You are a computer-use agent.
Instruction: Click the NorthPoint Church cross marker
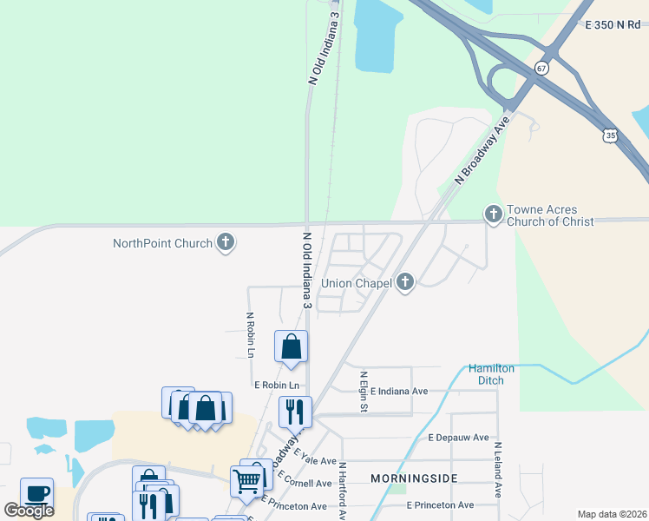point(226,243)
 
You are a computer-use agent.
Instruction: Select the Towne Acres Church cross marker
point(494,214)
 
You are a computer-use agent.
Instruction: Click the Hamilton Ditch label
point(492,374)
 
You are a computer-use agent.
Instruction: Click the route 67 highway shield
point(541,68)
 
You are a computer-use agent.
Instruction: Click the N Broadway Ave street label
point(480,153)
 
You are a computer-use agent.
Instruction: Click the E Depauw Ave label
point(458,438)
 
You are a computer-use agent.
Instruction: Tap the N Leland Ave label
point(499,470)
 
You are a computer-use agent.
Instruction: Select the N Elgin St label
point(364,392)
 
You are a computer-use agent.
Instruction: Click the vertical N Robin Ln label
point(250,335)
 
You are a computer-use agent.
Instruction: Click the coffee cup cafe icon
point(36,493)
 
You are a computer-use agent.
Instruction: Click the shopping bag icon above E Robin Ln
point(292,346)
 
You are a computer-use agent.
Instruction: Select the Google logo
point(29,511)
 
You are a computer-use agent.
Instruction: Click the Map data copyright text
point(612,514)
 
